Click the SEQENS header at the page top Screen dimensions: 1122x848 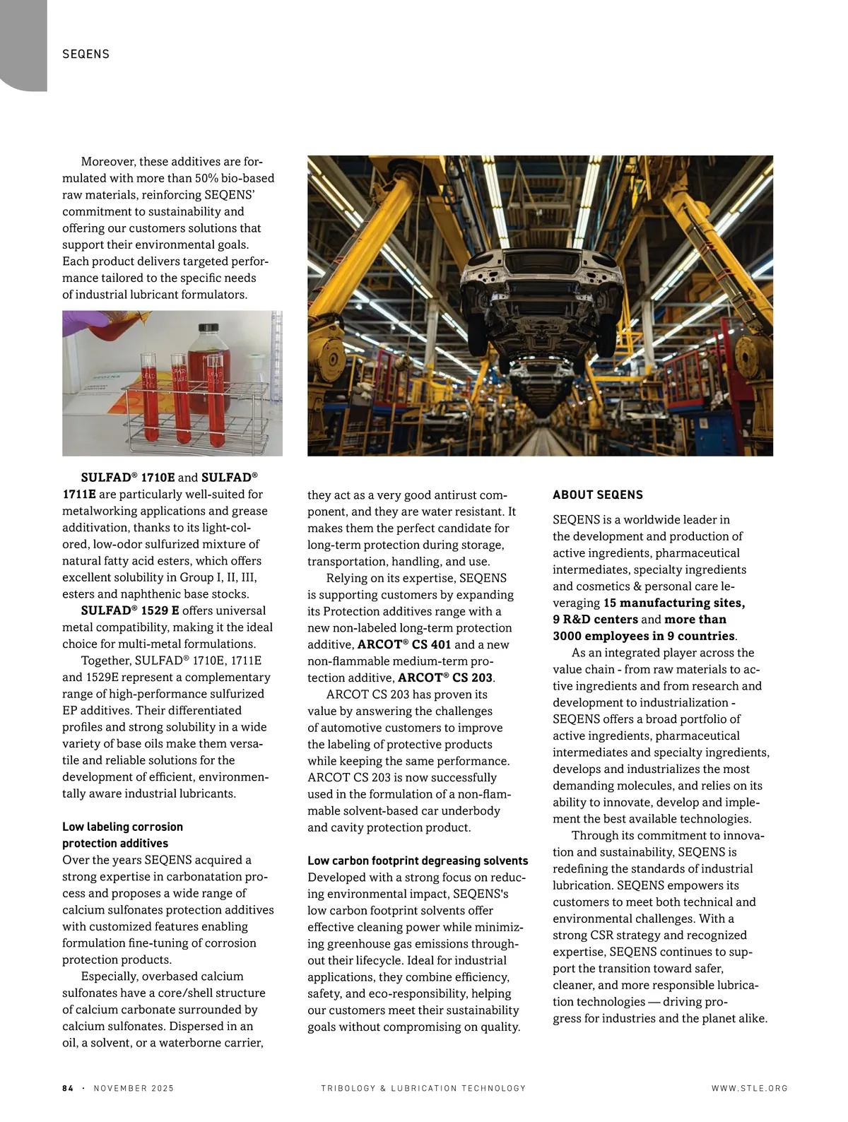point(86,54)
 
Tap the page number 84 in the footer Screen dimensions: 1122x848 point(68,1088)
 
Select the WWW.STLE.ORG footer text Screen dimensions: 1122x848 point(749,1088)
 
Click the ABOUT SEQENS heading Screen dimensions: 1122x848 point(598,495)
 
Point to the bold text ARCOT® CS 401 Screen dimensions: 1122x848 point(404,644)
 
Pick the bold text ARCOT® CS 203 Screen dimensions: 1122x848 point(445,678)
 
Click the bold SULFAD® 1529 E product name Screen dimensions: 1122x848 point(130,610)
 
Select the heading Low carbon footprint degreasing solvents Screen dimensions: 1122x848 point(418,861)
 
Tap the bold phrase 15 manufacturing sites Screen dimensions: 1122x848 point(673,603)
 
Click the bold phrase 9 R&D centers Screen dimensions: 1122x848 point(595,620)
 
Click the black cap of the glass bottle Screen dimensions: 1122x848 point(210,328)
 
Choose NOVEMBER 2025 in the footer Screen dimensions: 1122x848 point(134,1088)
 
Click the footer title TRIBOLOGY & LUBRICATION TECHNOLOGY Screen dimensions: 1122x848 point(423,1088)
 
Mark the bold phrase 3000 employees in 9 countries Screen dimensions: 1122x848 point(644,636)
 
